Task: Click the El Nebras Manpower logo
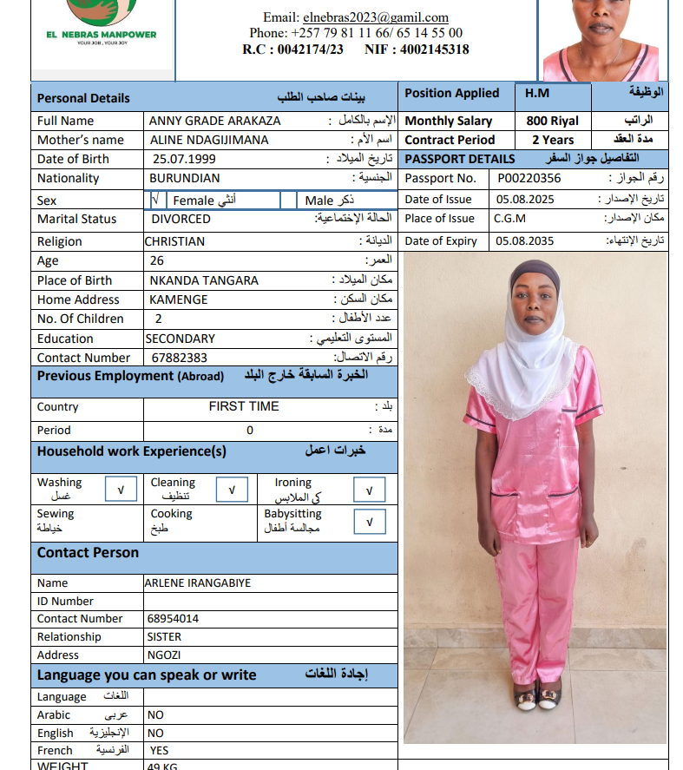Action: tap(101, 26)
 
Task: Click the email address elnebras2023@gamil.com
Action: tap(375, 17)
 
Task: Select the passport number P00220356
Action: tap(529, 179)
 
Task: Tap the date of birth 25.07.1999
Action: tap(184, 159)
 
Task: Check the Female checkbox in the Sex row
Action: tap(155, 201)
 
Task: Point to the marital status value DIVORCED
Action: tap(181, 220)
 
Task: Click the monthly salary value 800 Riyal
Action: tap(552, 122)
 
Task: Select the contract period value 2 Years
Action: tap(552, 140)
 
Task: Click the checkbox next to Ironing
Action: tap(369, 490)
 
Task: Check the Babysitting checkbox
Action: tap(369, 522)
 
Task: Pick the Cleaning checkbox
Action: tap(231, 490)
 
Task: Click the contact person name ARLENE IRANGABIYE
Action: tap(198, 583)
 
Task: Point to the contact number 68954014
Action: tap(173, 619)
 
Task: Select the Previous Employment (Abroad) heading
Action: tap(130, 376)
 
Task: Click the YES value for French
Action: tap(159, 750)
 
